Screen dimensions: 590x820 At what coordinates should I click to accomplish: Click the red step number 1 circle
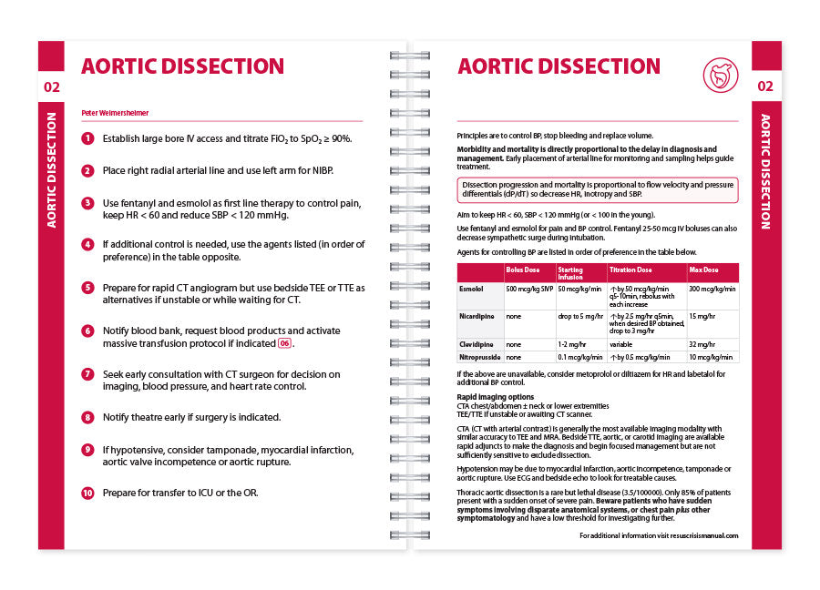pos(87,138)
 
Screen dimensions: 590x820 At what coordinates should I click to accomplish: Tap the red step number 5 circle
pos(87,288)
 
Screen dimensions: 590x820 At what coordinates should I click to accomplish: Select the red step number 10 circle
pos(87,493)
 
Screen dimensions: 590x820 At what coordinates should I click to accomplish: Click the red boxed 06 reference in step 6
pos(285,343)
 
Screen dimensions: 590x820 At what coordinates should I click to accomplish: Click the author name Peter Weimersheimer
pos(116,113)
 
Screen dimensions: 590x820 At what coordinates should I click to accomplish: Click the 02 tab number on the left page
pos(52,86)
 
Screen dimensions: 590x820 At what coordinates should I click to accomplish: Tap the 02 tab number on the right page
pos(765,86)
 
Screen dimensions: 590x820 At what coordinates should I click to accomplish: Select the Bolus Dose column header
pos(522,270)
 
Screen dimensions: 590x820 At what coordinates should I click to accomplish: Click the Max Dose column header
pos(704,270)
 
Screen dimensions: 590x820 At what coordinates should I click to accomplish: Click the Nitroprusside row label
pos(479,357)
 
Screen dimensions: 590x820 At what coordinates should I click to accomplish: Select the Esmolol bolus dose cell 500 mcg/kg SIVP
pos(529,289)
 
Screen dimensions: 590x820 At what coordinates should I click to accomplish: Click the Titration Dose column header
pos(631,270)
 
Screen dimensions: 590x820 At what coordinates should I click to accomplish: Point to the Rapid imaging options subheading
pos(495,397)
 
